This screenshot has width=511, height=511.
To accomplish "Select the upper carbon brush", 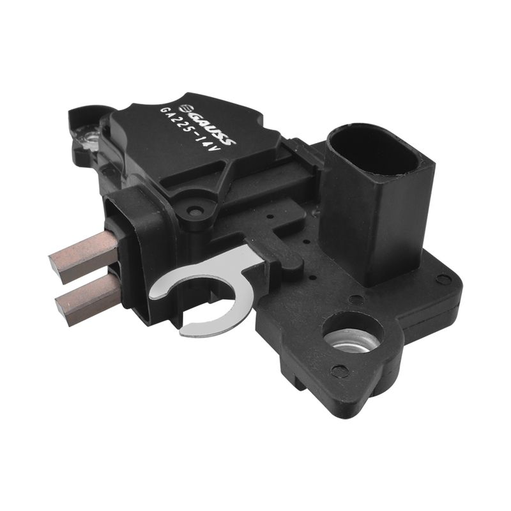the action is pyautogui.click(x=83, y=257).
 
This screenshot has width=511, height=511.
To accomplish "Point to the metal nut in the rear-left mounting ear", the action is pyautogui.click(x=92, y=139).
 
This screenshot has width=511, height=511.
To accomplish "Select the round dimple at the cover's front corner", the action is pyautogui.click(x=195, y=211).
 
